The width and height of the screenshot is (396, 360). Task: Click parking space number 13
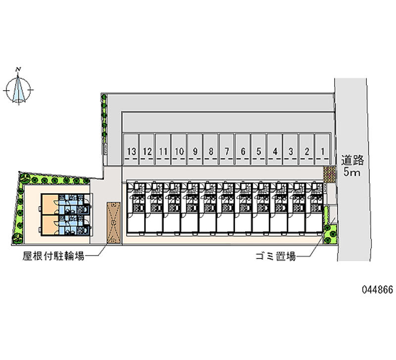click(x=131, y=151)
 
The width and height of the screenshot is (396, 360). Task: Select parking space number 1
click(x=323, y=151)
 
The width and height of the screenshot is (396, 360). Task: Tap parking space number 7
click(x=227, y=151)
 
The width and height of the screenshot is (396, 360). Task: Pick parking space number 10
click(x=179, y=151)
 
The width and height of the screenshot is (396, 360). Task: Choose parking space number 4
click(x=275, y=151)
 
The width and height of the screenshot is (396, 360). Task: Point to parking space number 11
click(x=163, y=151)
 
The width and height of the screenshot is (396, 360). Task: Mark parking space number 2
click(x=307, y=151)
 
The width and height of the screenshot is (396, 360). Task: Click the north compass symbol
click(x=19, y=91)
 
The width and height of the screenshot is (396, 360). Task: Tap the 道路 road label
click(x=352, y=160)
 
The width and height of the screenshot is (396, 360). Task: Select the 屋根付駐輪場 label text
click(x=53, y=256)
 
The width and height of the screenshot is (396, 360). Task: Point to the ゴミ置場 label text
click(x=275, y=256)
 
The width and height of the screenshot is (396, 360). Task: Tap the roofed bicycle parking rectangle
click(x=113, y=222)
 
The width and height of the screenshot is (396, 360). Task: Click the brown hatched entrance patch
click(x=330, y=174)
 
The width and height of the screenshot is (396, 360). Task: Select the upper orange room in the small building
click(x=49, y=204)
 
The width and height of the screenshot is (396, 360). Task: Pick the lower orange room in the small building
click(x=49, y=225)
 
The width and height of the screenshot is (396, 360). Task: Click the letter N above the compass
click(x=18, y=69)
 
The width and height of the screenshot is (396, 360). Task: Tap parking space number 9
click(x=196, y=151)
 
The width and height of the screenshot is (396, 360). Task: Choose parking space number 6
click(x=243, y=151)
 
